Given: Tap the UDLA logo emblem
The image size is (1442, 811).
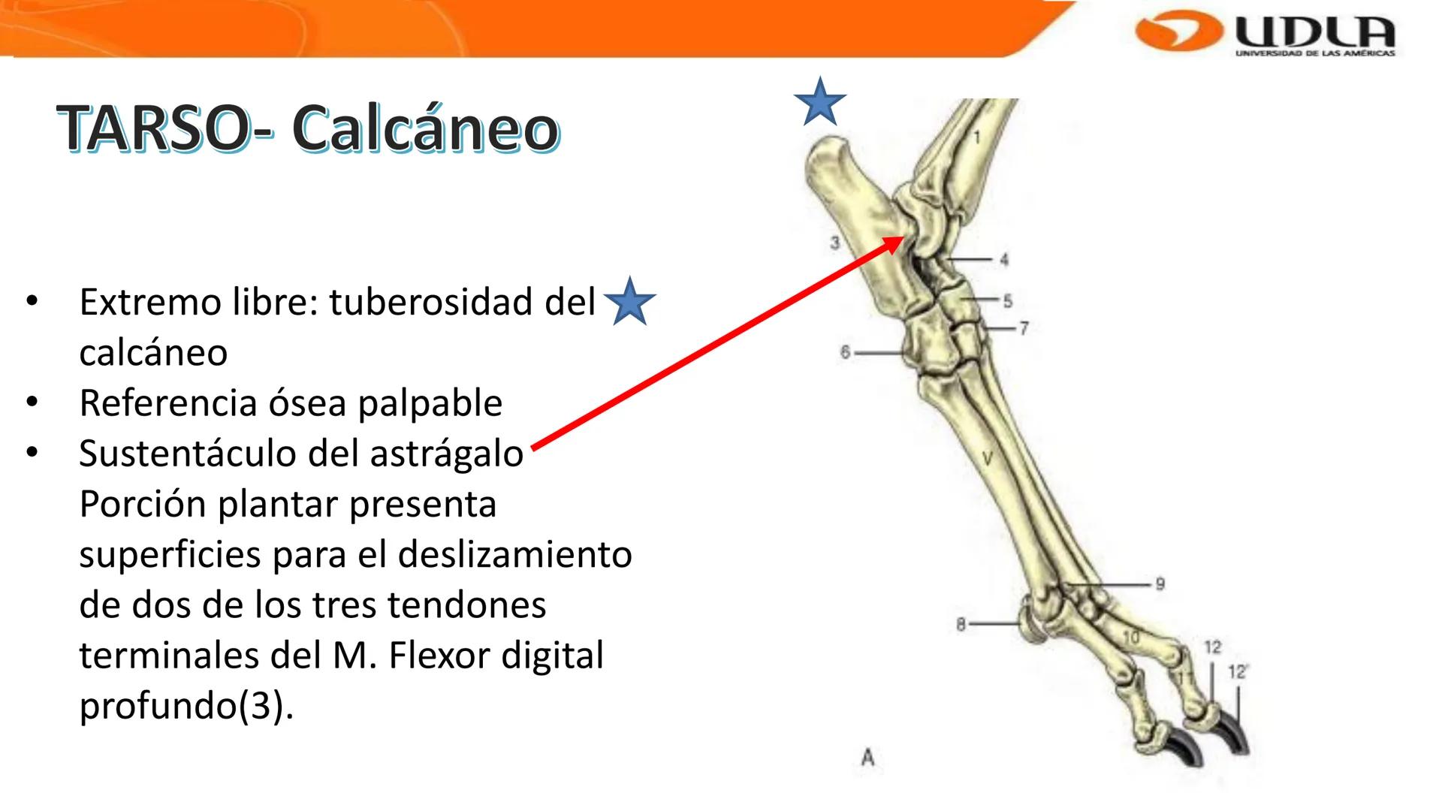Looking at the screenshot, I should [x=1175, y=32].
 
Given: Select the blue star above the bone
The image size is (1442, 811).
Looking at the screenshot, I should [x=820, y=102].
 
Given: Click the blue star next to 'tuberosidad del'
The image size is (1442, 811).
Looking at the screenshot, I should [x=629, y=301].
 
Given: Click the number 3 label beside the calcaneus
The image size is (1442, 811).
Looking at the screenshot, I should [x=834, y=243].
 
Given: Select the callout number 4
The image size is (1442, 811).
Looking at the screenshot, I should [x=1004, y=260].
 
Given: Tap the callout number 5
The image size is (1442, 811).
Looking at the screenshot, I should [x=1008, y=301].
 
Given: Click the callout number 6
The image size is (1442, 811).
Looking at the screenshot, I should [x=845, y=352].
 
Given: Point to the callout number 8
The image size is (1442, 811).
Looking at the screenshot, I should [x=961, y=624].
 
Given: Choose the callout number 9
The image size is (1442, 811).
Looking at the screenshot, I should [x=1160, y=583].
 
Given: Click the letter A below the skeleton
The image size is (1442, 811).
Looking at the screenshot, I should [x=868, y=757].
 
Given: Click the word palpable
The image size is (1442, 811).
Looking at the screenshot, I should [x=430, y=403].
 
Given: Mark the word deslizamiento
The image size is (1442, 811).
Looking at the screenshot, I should [x=514, y=555].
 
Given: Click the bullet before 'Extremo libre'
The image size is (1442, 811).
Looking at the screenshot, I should [x=31, y=302].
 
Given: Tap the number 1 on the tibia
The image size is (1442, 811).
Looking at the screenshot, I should [x=977, y=137].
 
